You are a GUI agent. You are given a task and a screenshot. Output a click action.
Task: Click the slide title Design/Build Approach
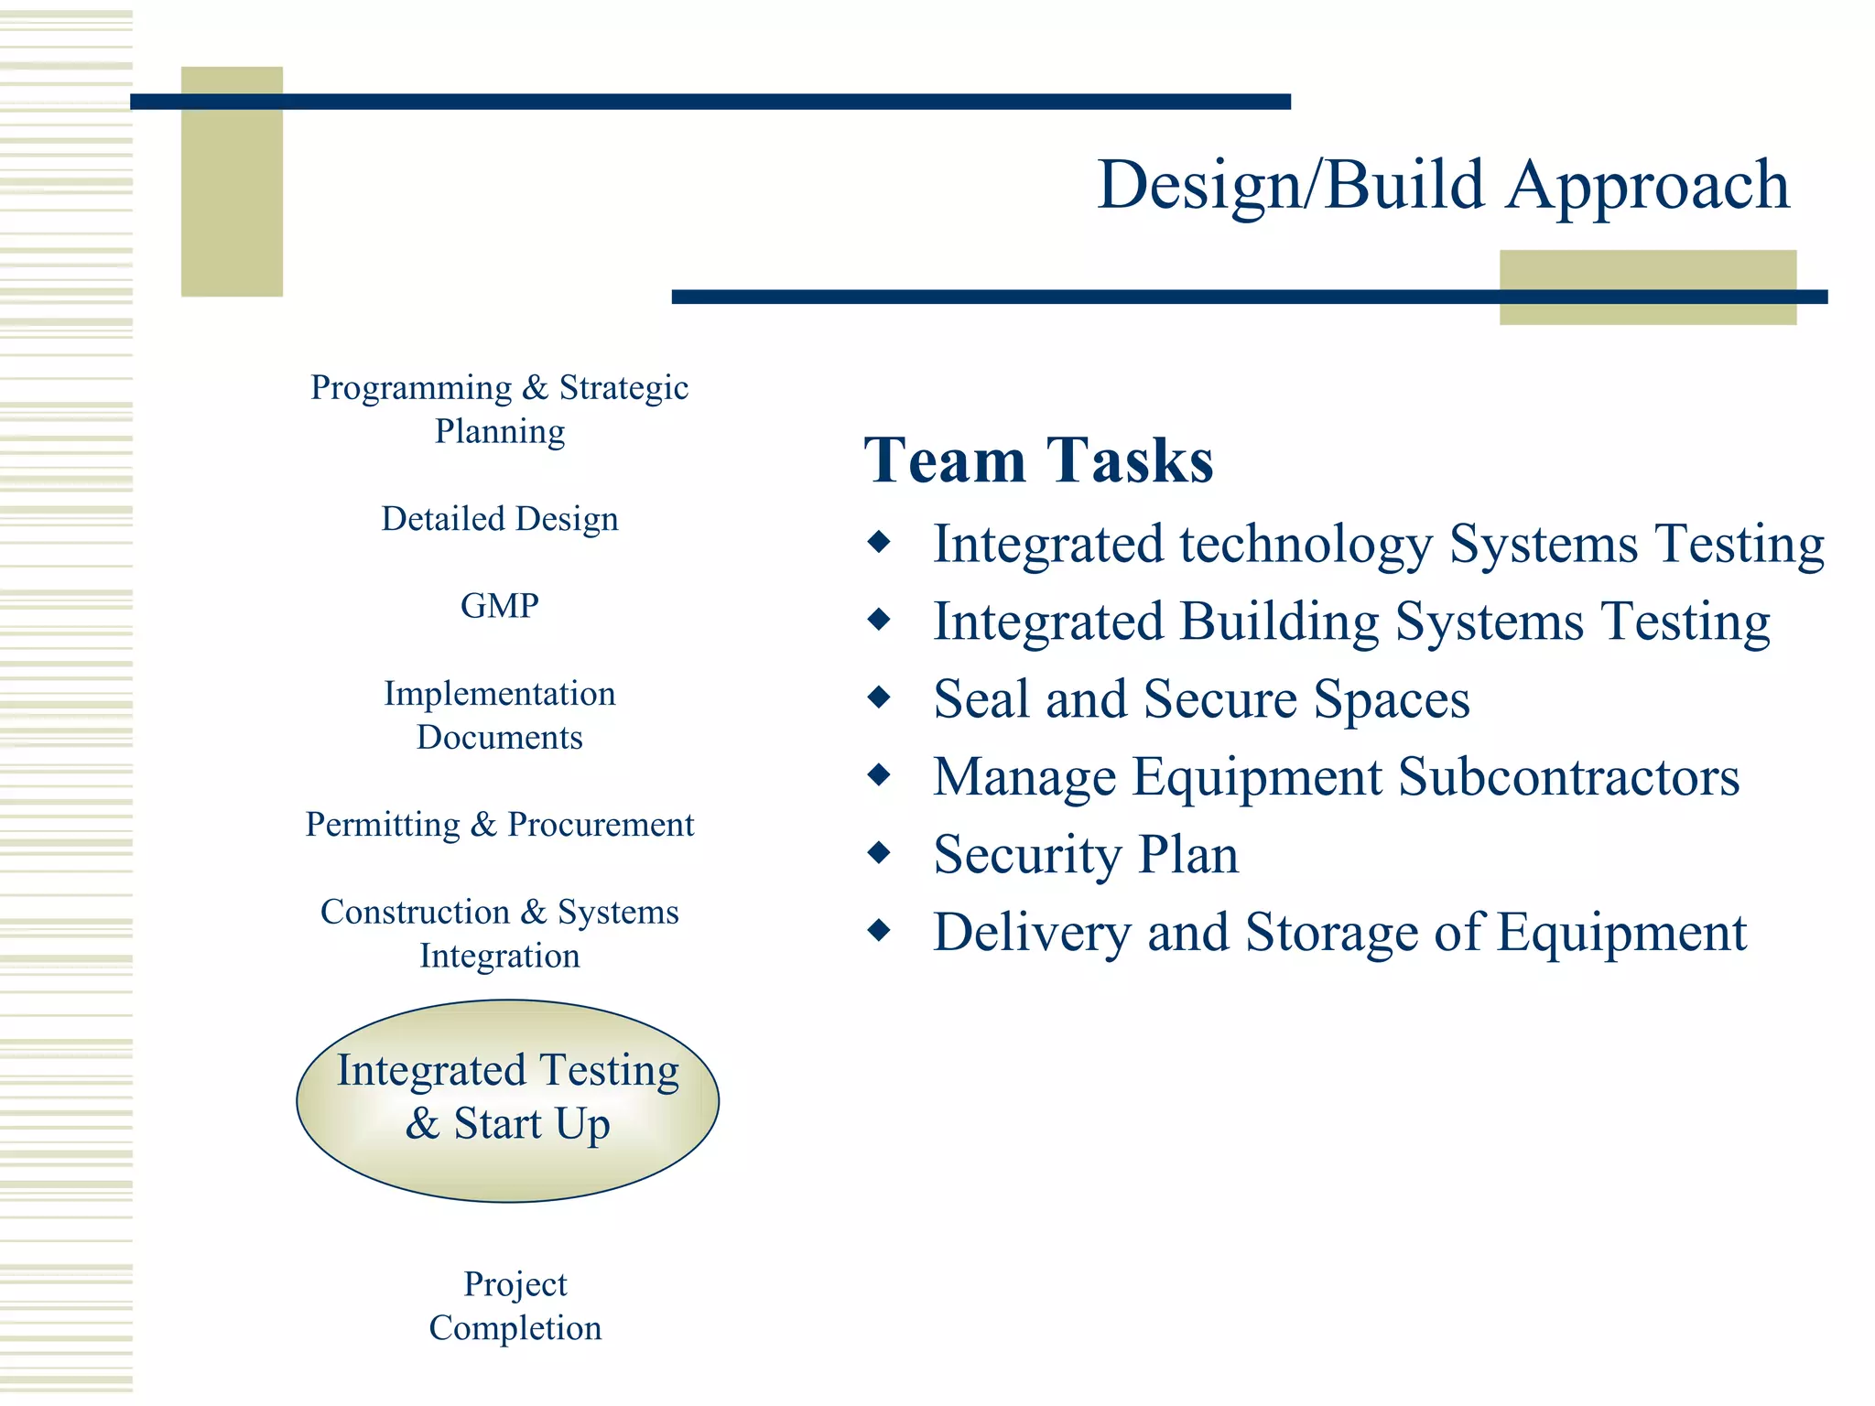[1442, 185]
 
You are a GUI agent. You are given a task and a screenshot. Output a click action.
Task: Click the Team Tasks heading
[1038, 460]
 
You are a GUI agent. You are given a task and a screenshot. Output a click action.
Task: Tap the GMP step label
[499, 606]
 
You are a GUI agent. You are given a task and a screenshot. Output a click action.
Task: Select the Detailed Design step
[499, 519]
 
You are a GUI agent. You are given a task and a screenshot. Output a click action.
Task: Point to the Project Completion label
[515, 1305]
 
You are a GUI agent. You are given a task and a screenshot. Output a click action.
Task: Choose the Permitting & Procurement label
[499, 825]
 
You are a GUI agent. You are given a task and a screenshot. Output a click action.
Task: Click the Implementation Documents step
[499, 715]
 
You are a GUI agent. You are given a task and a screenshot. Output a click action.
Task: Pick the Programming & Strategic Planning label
[499, 409]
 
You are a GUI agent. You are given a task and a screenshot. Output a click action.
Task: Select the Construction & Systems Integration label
[499, 934]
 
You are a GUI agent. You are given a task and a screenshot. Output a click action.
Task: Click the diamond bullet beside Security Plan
[879, 853]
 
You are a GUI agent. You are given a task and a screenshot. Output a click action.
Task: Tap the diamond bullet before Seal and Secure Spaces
[879, 698]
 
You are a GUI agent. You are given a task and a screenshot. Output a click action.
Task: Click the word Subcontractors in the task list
[1568, 777]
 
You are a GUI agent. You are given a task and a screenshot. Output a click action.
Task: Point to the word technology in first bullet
[1306, 545]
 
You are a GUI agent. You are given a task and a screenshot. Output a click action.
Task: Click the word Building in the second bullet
[1279, 622]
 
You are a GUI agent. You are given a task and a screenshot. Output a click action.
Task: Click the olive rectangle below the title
[1647, 287]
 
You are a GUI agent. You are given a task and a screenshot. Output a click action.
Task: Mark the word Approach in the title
[1647, 185]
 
